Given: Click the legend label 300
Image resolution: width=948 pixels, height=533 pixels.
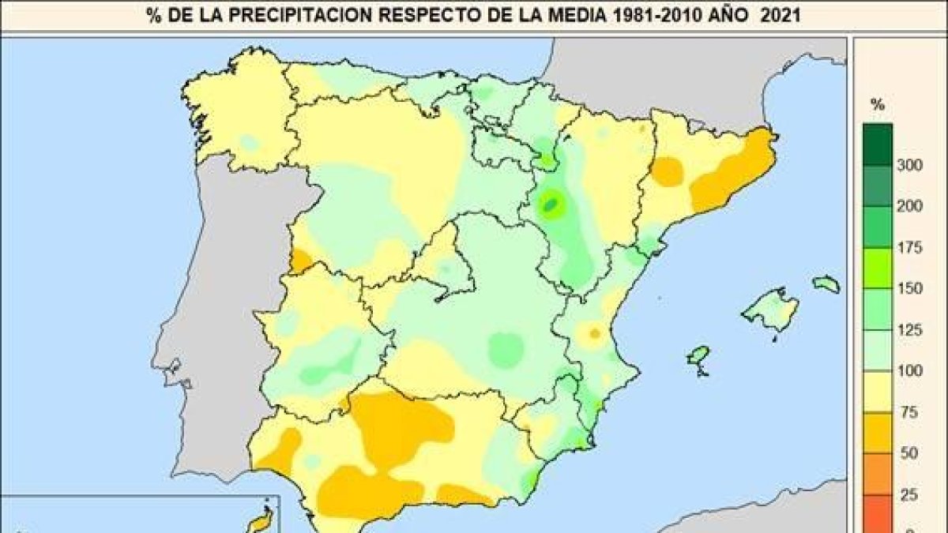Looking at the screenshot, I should point(910,164).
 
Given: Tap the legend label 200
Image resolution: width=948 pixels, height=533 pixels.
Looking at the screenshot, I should point(910,205).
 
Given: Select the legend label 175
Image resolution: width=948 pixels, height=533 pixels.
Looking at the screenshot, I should point(910,247).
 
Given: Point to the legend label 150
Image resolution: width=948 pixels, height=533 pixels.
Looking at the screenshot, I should point(910,288).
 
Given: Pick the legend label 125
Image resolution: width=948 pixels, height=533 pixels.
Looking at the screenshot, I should point(910,330).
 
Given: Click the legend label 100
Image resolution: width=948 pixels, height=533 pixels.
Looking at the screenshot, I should point(910,371).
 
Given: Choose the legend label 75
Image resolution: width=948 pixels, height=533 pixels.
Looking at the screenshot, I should point(910,412).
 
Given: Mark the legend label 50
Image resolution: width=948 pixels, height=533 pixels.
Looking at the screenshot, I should point(910,454).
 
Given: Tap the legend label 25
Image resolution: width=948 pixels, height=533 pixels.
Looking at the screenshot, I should point(910,495).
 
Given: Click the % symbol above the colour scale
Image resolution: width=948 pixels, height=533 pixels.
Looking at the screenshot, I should point(876,103).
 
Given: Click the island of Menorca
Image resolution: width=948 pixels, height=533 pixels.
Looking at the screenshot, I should point(826,283).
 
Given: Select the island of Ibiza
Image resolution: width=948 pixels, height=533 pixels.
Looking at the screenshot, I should point(698,356).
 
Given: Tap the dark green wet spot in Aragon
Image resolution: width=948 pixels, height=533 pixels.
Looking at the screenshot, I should point(551,207).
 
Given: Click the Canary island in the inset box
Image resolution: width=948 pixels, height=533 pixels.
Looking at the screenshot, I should point(261,519).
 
